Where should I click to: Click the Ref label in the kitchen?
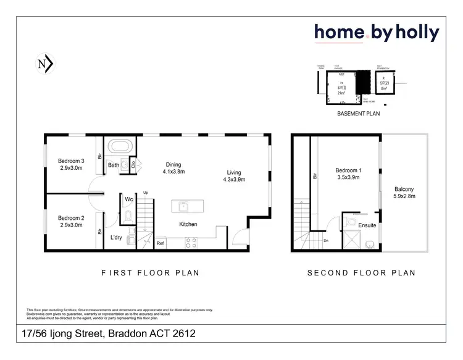(x=160, y=243)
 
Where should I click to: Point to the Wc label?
(x=129, y=199)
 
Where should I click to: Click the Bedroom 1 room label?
(x=347, y=174)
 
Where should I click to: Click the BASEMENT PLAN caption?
(x=357, y=114)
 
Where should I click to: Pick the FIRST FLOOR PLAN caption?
(x=151, y=272)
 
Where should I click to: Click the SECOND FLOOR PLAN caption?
(x=361, y=272)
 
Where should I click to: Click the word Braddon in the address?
(x=127, y=334)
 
